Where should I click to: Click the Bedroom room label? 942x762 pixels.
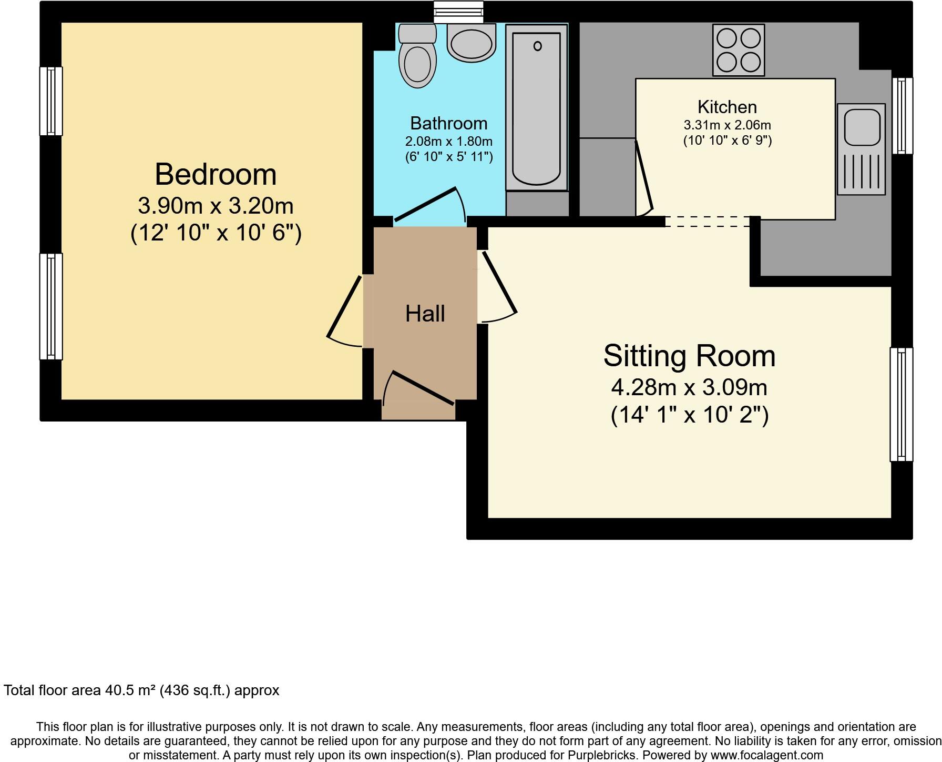216,175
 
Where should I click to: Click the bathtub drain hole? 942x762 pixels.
537,46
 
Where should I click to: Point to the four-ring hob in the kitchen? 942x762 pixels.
739,51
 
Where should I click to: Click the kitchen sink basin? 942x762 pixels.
862,127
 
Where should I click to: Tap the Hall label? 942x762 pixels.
425,314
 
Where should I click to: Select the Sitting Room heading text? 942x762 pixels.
689,356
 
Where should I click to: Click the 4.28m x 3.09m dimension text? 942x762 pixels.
689,388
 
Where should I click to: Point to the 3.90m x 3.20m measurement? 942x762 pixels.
216,206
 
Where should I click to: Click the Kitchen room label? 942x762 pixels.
727,107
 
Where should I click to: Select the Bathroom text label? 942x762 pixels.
448,123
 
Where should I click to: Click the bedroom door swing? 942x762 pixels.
344,313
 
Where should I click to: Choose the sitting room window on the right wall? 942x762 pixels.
901,404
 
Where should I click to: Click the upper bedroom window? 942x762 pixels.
51,101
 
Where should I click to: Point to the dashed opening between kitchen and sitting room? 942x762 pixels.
707,222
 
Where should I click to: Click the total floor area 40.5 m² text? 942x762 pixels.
141,690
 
